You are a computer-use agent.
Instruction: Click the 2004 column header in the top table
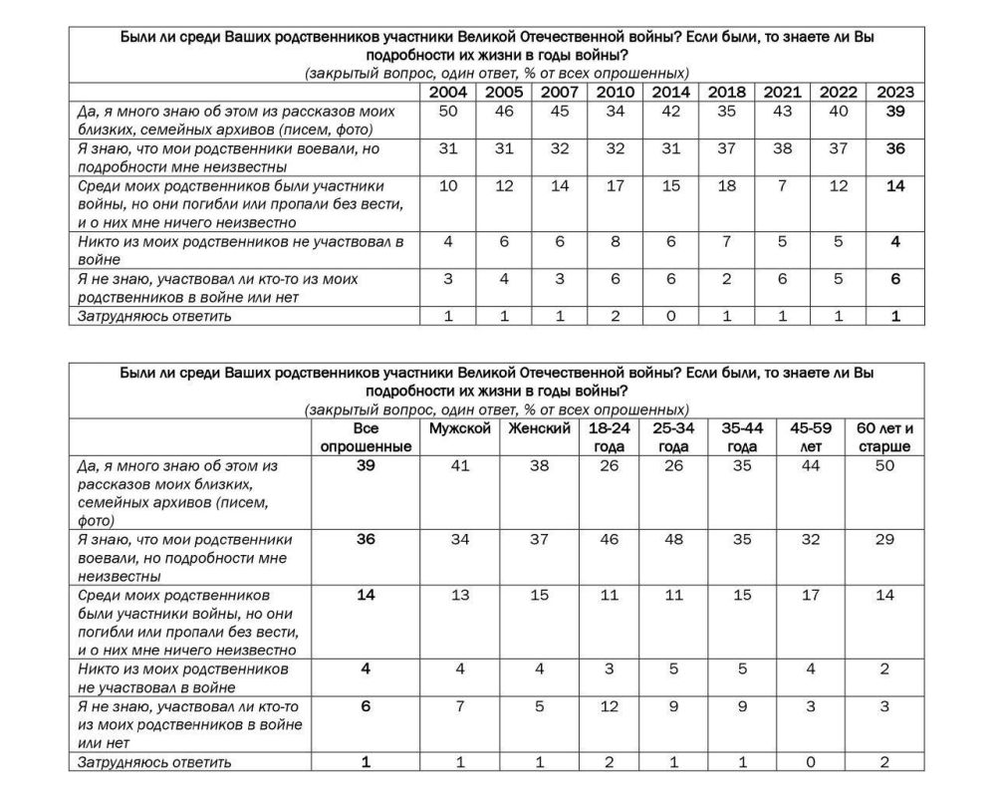coord(448,93)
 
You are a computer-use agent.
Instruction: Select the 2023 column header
coord(894,93)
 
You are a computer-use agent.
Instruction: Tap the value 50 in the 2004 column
coord(448,112)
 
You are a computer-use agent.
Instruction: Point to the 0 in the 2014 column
coord(671,316)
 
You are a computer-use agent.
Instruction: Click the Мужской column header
coord(460,428)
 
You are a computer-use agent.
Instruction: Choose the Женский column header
coord(539,428)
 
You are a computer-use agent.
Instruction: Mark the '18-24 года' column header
coord(607,437)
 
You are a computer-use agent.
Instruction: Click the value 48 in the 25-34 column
coord(672,539)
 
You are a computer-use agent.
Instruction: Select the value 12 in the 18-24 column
coord(607,706)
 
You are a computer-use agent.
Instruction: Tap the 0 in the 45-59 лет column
coord(811,762)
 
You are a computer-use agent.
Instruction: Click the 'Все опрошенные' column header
coord(366,437)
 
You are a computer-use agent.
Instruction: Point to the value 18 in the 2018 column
coord(727,186)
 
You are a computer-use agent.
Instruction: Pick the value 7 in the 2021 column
coord(783,186)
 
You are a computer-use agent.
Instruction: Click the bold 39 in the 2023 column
coord(894,112)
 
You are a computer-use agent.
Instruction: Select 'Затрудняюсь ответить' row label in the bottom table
coord(149,762)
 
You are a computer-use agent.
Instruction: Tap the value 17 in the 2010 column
coord(616,186)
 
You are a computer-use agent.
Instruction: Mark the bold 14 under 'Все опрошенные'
coord(366,595)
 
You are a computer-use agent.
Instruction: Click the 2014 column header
coord(671,93)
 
